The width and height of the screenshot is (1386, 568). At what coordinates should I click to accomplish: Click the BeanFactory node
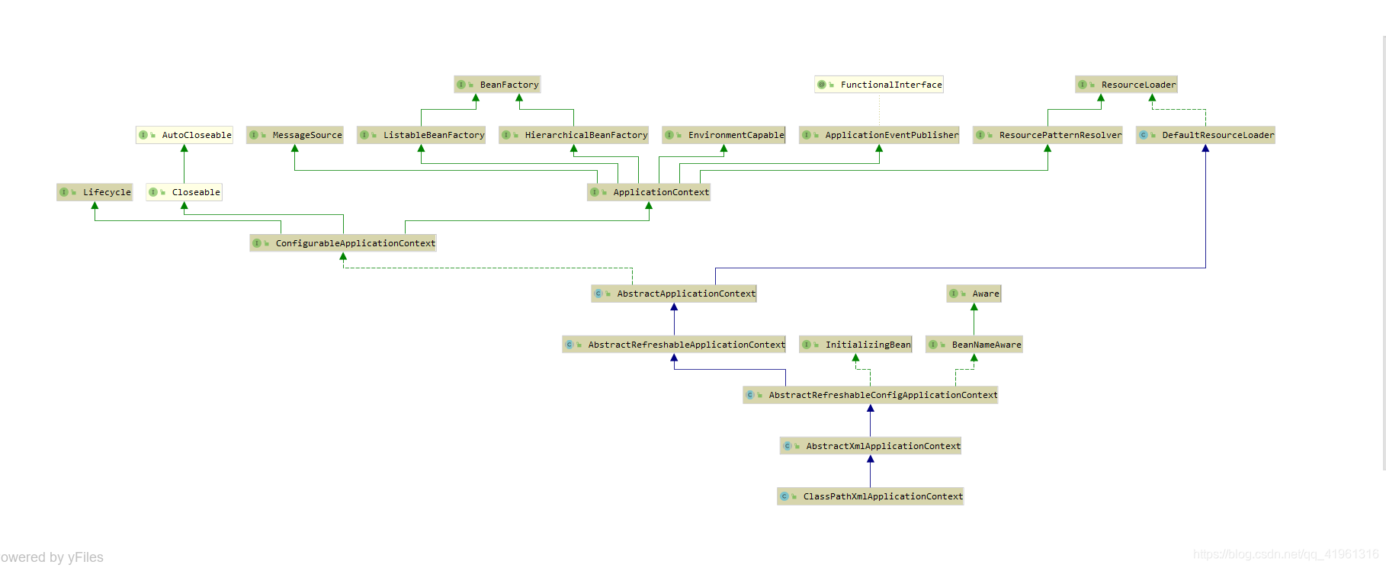pos(497,85)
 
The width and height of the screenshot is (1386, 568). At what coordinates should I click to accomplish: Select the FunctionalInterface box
pos(878,85)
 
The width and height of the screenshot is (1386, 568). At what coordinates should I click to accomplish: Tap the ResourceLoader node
pos(1126,85)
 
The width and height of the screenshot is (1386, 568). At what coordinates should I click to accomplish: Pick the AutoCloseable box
pos(184,135)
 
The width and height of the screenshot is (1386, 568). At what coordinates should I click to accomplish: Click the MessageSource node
pos(295,135)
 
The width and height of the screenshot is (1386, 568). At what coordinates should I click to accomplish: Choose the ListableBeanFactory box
pos(421,135)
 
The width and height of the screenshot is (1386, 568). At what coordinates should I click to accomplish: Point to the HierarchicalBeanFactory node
pos(573,135)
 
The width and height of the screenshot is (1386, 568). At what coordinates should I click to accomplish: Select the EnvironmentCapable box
pos(723,135)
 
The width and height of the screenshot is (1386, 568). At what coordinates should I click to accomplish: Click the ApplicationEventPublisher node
pos(879,135)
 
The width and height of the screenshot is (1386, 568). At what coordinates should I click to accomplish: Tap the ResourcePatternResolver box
pos(1048,135)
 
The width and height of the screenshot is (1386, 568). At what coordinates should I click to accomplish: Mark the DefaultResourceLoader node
pos(1205,135)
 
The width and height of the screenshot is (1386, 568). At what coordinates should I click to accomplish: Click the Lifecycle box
pos(95,192)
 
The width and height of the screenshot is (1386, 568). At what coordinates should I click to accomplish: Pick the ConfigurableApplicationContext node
pos(343,243)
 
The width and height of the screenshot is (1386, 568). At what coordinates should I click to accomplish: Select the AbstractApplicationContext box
pos(674,294)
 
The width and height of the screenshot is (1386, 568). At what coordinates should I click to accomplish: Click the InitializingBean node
pos(855,345)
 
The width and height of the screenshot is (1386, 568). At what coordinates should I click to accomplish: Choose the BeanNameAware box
pos(974,345)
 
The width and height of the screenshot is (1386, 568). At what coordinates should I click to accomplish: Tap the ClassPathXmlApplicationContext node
pos(871,496)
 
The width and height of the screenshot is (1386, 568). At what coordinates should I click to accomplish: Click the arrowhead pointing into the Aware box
pos(974,306)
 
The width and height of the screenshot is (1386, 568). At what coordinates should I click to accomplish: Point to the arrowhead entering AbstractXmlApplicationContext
pos(871,459)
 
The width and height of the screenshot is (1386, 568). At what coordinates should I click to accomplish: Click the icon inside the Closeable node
pos(153,192)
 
